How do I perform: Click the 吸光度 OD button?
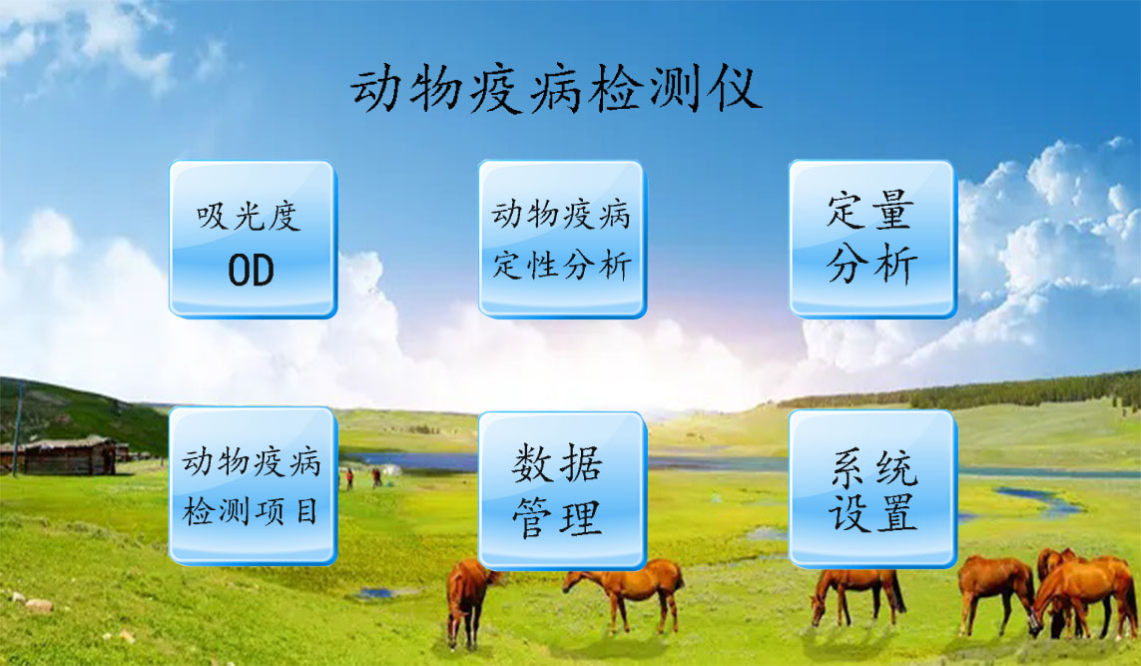[x=253, y=239]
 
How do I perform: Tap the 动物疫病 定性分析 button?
[x=562, y=239]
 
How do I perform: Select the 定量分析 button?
[x=872, y=239]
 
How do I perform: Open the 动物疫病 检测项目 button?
[x=253, y=485]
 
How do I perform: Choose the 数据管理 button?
[x=562, y=489]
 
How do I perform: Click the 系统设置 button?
[x=872, y=488]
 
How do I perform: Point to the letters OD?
[x=251, y=270]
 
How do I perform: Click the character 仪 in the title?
[x=737, y=89]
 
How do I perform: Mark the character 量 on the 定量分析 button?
[x=892, y=211]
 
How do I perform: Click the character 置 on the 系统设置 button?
[x=895, y=513]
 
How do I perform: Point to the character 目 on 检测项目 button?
[x=307, y=511]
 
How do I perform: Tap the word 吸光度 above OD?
[x=249, y=217]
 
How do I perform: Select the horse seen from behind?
[x=467, y=601]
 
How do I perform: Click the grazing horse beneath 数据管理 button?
[x=624, y=591]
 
